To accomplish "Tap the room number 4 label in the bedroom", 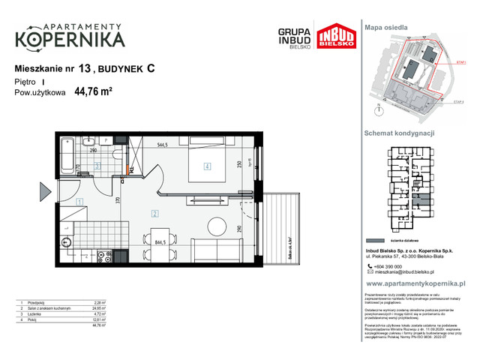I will (x=206, y=166).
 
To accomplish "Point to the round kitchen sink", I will (x=65, y=242).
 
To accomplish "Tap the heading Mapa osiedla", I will (x=385, y=26).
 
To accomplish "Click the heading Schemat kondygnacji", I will (x=399, y=132).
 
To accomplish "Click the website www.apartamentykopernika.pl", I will (x=415, y=285).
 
